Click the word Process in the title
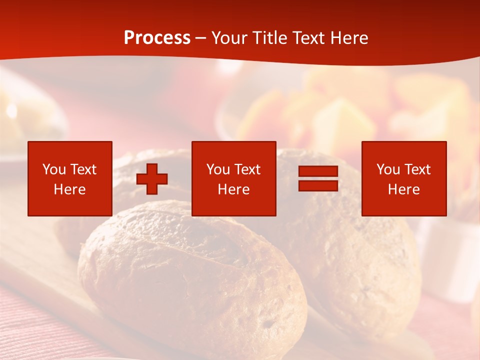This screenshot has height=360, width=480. pyautogui.click(x=157, y=37)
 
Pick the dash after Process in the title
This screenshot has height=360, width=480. pyautogui.click(x=201, y=38)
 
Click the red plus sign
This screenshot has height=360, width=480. pyautogui.click(x=152, y=179)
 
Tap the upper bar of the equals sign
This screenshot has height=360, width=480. pyautogui.click(x=318, y=171)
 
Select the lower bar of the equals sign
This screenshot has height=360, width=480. pyautogui.click(x=318, y=185)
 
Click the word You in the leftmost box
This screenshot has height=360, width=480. pyautogui.click(x=54, y=169)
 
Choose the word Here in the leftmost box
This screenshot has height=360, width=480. pyautogui.click(x=69, y=189)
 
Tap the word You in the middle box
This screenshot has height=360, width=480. pyautogui.click(x=218, y=169)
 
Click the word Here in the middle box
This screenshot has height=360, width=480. pyautogui.click(x=233, y=189)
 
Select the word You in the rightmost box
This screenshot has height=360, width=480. pyautogui.click(x=388, y=169)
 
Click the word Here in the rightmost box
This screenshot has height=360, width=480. pyautogui.click(x=403, y=189)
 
